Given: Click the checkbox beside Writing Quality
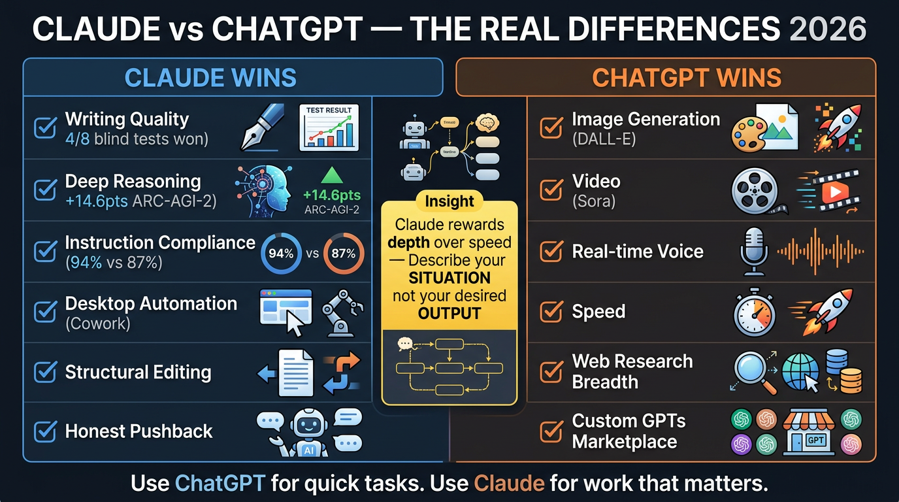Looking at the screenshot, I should point(44,128).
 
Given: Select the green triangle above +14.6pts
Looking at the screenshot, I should point(333,175).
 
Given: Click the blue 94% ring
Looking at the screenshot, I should point(281,254).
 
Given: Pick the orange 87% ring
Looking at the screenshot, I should point(344,254).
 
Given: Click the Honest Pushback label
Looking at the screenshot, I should point(139,431).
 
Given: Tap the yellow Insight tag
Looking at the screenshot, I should point(449,201).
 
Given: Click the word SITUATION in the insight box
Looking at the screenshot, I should point(449,278).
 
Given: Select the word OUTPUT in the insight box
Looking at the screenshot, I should point(449,313).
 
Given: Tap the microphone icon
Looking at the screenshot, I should point(753,251).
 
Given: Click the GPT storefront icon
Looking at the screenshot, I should point(808,431).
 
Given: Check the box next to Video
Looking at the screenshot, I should point(551,190).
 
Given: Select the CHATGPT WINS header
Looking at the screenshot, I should point(686,78).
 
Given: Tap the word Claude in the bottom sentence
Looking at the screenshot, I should point(508,484).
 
